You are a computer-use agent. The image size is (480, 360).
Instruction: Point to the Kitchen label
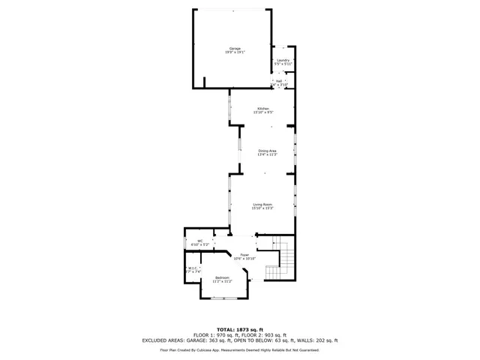[x=263, y=109]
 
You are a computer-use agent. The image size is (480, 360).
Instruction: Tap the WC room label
[x=199, y=241]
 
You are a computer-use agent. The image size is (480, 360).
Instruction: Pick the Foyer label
[x=244, y=256]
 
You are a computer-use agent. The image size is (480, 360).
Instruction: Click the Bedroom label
[x=222, y=278]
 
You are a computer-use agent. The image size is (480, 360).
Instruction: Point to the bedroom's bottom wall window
[x=223, y=298]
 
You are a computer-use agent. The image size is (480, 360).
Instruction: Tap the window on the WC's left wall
[x=185, y=242]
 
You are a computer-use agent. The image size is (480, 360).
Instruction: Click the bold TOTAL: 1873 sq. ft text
[x=240, y=329]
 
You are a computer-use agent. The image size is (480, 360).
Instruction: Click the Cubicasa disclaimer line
[x=240, y=349]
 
